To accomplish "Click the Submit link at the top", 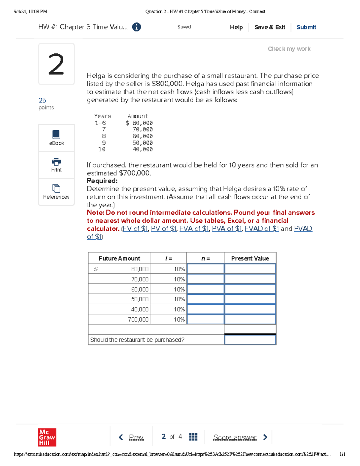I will coord(306,27).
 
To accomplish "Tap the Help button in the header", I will coord(236,27).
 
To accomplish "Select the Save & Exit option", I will coord(269,27).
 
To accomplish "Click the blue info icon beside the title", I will coord(136,27).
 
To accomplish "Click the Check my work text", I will coord(289,49).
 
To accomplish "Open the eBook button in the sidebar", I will coord(56,138).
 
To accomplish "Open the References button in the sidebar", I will coord(56,192).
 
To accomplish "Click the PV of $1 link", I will coord(163,229).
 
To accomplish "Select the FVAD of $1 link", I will coord(262,229).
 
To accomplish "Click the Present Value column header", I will coord(250,258).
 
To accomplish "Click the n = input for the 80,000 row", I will coord(205,269).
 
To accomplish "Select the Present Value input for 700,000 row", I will coord(250,319).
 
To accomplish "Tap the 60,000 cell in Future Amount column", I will coord(139,289).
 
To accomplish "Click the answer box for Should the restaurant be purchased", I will coord(250,340).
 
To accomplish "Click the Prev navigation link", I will coord(136,437).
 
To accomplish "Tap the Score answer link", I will coord(235,437).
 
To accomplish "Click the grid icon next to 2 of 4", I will coord(193,437).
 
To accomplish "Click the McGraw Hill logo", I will coord(47,437).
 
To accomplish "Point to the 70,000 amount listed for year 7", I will coord(142,129).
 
